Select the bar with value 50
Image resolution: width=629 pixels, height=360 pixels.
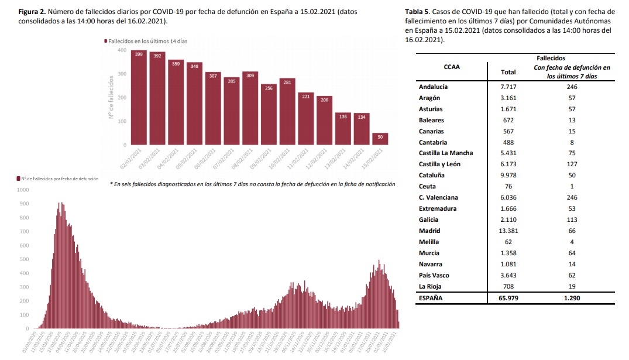(380, 139)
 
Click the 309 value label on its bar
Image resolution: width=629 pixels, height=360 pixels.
(250, 75)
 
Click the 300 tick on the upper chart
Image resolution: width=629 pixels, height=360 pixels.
(121, 74)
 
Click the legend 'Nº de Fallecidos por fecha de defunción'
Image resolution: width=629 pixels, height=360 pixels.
(57, 178)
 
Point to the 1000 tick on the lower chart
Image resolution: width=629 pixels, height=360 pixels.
(23, 190)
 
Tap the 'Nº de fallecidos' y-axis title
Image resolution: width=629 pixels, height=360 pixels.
(110, 97)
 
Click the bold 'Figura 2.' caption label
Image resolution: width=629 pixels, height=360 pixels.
(33, 12)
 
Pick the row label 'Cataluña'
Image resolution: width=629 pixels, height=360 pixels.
(432, 175)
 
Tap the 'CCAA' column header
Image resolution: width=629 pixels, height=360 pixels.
(451, 66)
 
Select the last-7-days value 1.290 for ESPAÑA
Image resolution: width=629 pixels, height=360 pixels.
(572, 298)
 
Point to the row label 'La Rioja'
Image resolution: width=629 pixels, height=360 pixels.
(430, 286)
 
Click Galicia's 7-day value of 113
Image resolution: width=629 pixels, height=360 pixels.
(572, 220)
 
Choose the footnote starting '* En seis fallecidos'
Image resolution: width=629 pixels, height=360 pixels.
(252, 184)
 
